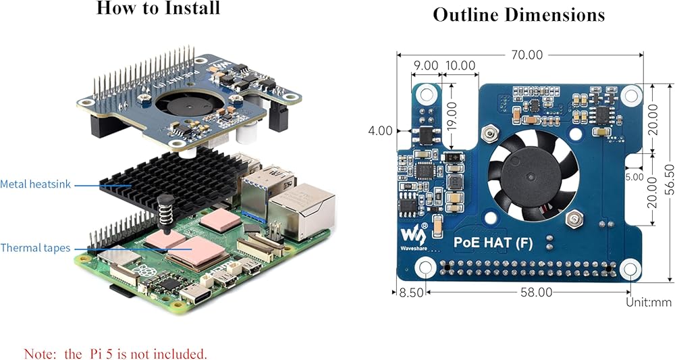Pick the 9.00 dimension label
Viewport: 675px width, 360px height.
(x=425, y=66)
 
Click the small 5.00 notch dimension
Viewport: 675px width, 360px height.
(x=634, y=178)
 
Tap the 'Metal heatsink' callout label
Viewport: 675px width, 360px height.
(x=35, y=184)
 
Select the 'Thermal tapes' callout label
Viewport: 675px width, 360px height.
(x=35, y=248)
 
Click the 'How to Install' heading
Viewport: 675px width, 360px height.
(x=158, y=9)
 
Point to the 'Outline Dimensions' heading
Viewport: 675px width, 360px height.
(x=518, y=15)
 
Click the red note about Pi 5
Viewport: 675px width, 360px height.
(x=115, y=353)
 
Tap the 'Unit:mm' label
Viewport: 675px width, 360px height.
(x=648, y=302)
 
